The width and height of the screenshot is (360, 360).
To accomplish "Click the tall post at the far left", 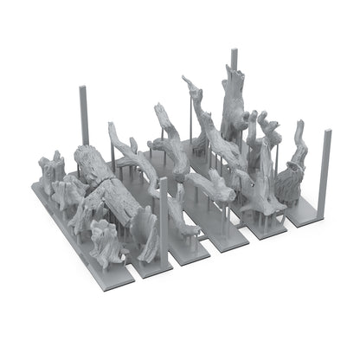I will point(85,117).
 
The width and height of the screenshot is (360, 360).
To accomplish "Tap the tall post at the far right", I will point(326,173).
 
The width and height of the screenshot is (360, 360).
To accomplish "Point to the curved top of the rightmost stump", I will point(300,128).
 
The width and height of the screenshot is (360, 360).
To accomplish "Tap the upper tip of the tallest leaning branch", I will point(186,80).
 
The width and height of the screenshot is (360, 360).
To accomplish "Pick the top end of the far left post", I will point(85,87).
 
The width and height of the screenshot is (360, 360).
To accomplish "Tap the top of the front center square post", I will point(163,181).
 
